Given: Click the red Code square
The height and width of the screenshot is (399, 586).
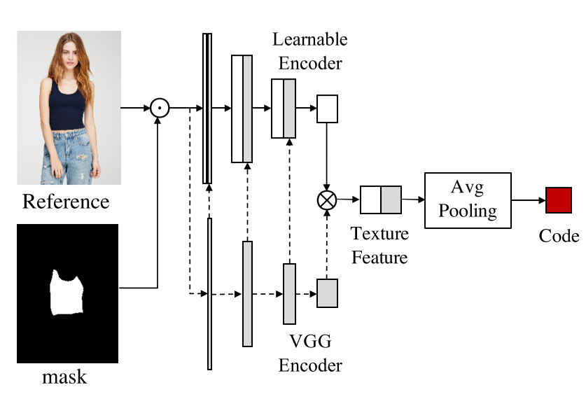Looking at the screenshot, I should (x=559, y=200).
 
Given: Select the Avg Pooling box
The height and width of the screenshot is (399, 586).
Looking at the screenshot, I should (x=468, y=200).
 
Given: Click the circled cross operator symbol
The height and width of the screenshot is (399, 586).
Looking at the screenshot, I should (x=326, y=200).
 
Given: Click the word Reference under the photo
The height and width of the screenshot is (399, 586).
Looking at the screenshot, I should (x=66, y=202).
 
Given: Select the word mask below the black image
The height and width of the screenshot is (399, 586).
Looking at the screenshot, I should (x=64, y=377).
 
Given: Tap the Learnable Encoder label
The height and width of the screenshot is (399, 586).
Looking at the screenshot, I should (x=309, y=50).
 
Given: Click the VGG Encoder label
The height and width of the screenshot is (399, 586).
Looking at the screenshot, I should (x=310, y=353).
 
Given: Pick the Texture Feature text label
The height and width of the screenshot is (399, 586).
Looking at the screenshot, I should (x=379, y=245).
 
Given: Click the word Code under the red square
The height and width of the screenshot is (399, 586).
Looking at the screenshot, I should (x=559, y=236).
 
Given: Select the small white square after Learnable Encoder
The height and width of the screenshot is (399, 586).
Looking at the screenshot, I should (x=328, y=108).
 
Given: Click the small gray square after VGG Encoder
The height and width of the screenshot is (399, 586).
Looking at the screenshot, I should (x=328, y=293).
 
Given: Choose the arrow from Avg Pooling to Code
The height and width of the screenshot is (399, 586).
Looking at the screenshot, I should (x=528, y=200).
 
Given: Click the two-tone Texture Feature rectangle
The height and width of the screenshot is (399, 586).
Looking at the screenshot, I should (x=381, y=199).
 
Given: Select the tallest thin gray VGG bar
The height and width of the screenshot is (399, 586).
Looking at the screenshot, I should (x=209, y=293).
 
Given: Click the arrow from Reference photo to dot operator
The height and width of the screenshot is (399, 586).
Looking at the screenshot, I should (x=136, y=108).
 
